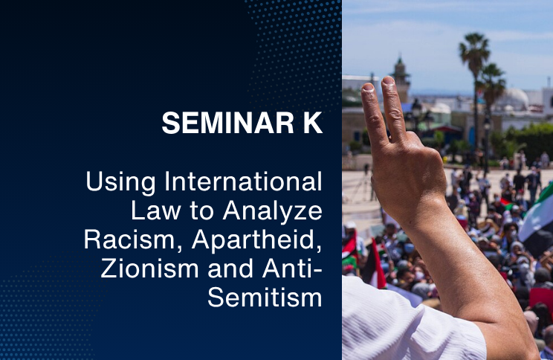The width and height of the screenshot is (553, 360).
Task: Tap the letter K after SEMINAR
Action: pyautogui.click(x=313, y=123)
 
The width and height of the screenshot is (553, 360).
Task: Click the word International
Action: pyautogui.click(x=243, y=181)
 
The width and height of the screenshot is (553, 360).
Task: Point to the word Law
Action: pyautogui.click(x=155, y=210)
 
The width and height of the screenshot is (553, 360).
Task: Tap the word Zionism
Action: pyautogui.click(x=149, y=269)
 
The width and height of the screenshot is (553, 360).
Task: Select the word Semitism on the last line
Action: pyautogui.click(x=265, y=298)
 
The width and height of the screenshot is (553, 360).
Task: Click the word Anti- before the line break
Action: pyautogui.click(x=292, y=269)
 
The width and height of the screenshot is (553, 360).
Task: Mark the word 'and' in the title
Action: pyautogui.click(x=230, y=269)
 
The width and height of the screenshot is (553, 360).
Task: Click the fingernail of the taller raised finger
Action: pyautogui.click(x=388, y=80)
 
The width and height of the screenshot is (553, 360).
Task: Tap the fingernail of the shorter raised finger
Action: pyautogui.click(x=367, y=87)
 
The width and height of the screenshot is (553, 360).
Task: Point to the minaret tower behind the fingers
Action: pyautogui.click(x=401, y=80)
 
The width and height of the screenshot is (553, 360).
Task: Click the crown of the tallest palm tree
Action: pyautogui.click(x=475, y=48)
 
